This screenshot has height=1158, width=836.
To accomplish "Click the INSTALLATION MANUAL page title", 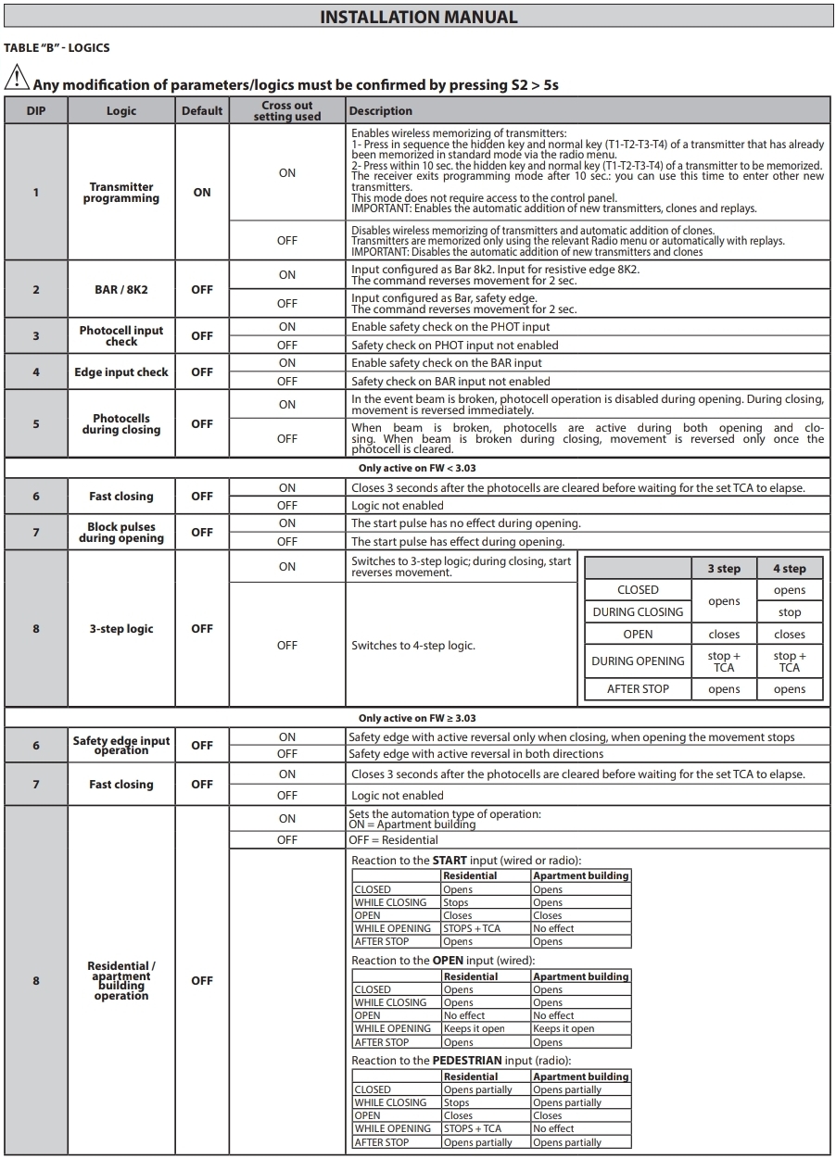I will [x=418, y=17].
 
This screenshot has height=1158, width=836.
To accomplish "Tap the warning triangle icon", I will [x=17, y=79].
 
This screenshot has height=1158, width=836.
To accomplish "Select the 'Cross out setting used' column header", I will [x=287, y=111].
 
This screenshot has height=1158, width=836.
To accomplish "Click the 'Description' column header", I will [x=381, y=111].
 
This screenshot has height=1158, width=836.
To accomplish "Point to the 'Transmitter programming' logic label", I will [x=121, y=193].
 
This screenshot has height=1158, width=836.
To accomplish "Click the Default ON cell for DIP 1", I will [x=202, y=193].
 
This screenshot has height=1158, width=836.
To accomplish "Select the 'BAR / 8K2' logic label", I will [x=121, y=290].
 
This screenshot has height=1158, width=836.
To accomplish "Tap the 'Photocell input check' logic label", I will [x=121, y=335].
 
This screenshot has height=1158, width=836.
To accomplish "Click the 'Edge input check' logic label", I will [x=121, y=372].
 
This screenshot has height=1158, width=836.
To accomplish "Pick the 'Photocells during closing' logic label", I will [x=121, y=424].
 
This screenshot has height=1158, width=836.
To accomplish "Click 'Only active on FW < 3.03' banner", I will [x=417, y=468].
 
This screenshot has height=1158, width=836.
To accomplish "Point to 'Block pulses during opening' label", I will [x=121, y=533].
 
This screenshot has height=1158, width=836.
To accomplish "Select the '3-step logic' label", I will [x=121, y=629].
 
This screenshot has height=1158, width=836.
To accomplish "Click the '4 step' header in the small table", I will [x=790, y=569].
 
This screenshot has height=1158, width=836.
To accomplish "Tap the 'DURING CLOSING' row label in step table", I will [x=638, y=612].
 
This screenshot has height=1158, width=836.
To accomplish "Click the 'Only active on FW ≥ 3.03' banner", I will [x=417, y=718].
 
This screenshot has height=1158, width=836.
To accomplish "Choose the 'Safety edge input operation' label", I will [x=121, y=746].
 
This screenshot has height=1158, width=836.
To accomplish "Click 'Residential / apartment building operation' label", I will [x=121, y=981].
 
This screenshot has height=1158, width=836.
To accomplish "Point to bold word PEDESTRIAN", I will [x=467, y=1061].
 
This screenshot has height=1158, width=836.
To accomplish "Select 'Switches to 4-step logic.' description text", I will [x=412, y=646].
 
